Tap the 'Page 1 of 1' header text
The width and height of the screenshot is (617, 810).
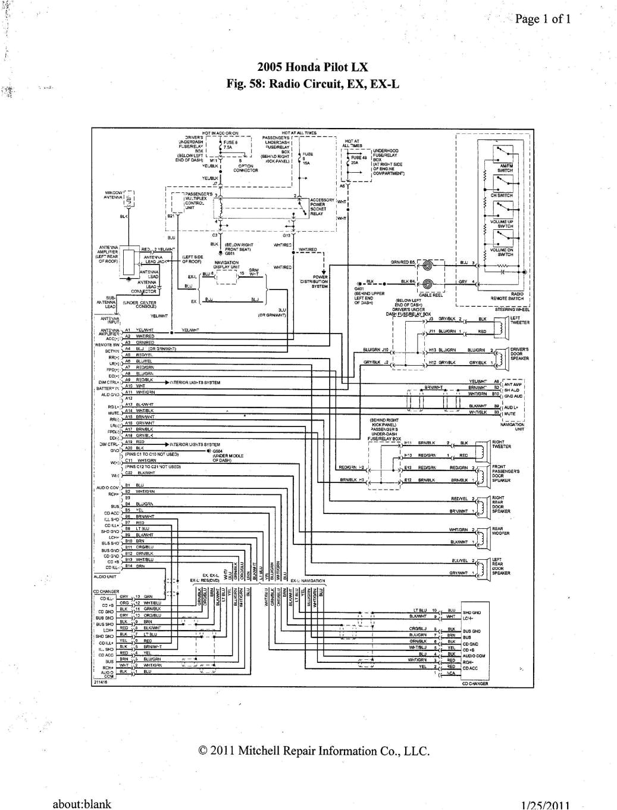pos(543,19)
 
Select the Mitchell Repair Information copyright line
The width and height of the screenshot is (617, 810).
pos(314,751)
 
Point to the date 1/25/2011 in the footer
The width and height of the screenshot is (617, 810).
pos(545,805)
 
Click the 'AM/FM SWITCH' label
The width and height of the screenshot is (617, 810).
pos(506,168)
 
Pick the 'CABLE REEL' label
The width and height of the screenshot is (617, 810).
pos(431,294)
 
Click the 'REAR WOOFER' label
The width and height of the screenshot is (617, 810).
pos(500,531)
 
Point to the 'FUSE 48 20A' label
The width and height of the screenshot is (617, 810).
pos(359,160)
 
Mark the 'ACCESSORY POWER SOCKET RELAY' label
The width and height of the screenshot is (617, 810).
pos(322,207)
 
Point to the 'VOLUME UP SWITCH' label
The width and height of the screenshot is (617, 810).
pos(503,224)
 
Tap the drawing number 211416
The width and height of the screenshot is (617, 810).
pos(100,683)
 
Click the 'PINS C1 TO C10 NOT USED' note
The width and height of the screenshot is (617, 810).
pos(152,454)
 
